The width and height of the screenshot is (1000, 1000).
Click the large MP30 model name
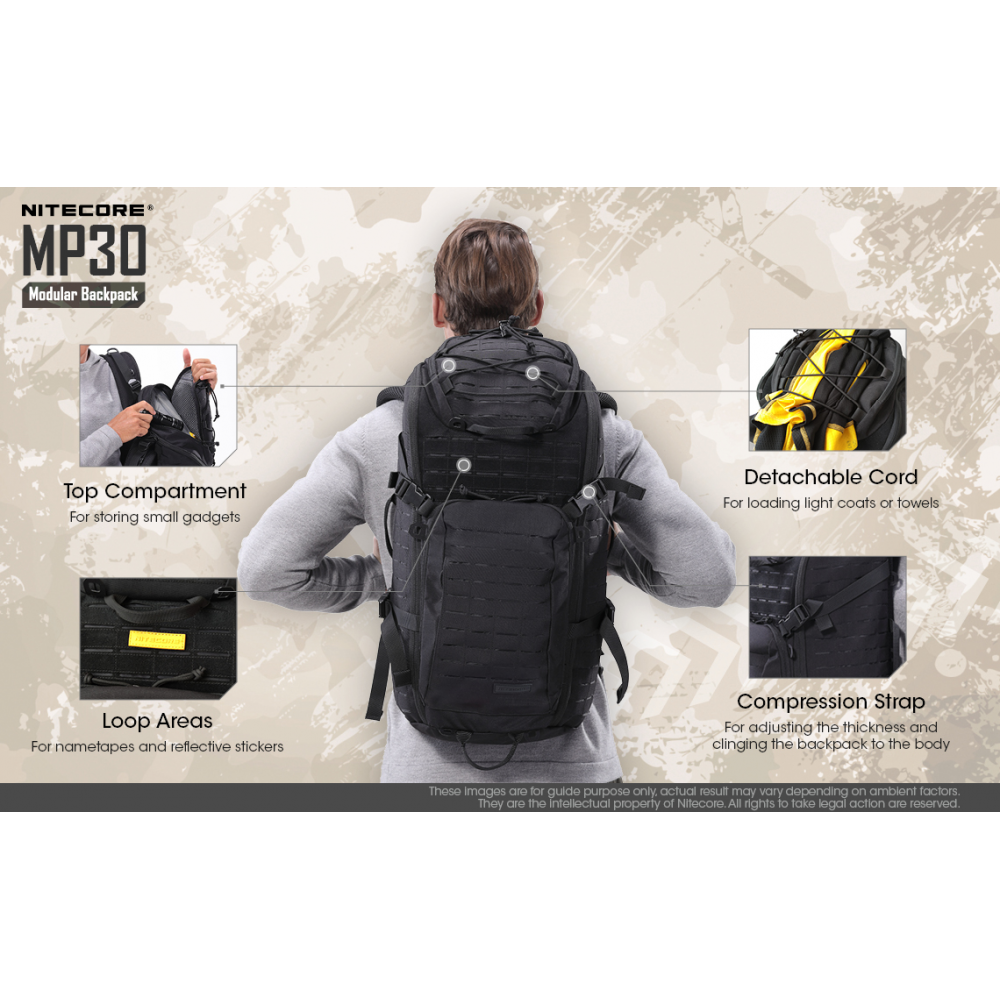[x=84, y=249]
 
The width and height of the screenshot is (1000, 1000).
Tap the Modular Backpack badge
[x=84, y=295]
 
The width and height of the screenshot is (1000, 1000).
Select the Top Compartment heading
[x=155, y=491]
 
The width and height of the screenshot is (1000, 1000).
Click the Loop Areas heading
[x=157, y=721]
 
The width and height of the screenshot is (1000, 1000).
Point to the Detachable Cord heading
[x=830, y=477]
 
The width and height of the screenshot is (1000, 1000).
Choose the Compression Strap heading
[x=830, y=702]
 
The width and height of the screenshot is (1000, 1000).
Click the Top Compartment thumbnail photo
[x=158, y=405]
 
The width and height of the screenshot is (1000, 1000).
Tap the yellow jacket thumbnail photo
[x=827, y=390]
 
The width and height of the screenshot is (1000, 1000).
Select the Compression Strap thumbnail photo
[x=827, y=617]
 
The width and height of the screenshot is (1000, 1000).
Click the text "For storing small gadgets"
[x=155, y=517]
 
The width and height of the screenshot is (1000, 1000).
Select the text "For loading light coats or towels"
[x=830, y=503]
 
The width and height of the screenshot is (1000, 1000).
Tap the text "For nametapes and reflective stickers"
[x=157, y=746]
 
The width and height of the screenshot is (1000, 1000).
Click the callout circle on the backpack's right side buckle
[x=589, y=492]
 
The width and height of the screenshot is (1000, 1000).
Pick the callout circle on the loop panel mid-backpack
[x=464, y=465]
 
